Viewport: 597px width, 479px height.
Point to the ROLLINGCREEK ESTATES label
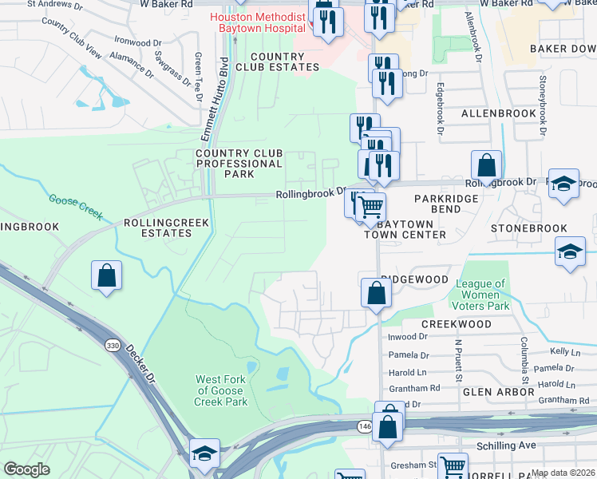(158, 228)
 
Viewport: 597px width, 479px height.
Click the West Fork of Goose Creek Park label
(221, 390)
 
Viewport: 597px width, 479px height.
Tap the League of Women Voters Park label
(481, 295)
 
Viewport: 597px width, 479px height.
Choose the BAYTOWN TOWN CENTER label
(405, 229)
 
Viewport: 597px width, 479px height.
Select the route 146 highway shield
(365, 427)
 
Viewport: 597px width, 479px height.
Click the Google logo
(26, 469)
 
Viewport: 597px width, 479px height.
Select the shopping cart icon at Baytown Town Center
(370, 207)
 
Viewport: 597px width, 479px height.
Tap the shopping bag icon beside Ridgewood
(376, 293)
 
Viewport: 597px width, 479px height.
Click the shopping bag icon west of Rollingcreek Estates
(106, 276)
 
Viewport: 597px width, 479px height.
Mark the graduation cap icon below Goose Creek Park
(204, 453)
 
